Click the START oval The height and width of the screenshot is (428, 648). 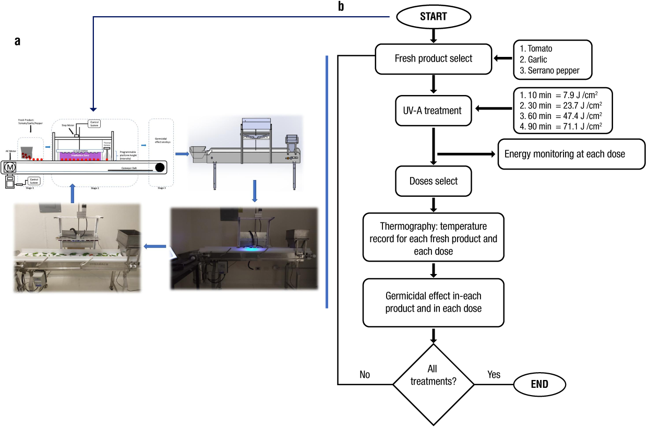pyautogui.click(x=433, y=16)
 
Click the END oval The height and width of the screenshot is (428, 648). pyautogui.click(x=540, y=384)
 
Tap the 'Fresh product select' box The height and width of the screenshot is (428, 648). pyautogui.click(x=433, y=58)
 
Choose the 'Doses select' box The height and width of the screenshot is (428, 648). pyautogui.click(x=433, y=181)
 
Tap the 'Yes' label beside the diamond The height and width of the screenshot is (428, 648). pyautogui.click(x=494, y=374)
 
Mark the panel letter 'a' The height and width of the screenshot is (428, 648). pyautogui.click(x=17, y=42)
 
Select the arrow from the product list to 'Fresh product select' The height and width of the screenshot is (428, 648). pyautogui.click(x=502, y=58)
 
